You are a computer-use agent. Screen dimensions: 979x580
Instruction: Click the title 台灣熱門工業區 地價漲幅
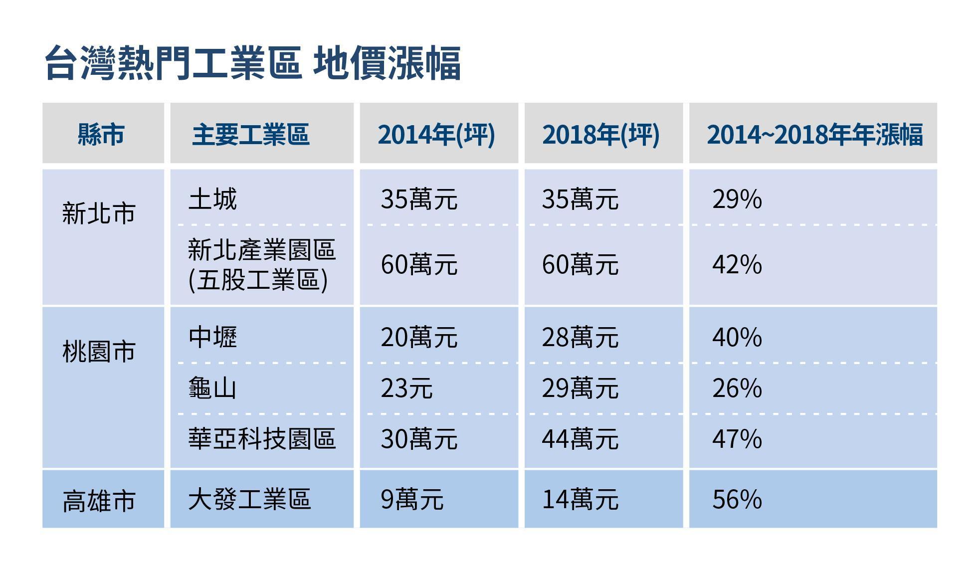pyautogui.click(x=252, y=63)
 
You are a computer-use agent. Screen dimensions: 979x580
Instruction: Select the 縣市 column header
pyautogui.click(x=101, y=134)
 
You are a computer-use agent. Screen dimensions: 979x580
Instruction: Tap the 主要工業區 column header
pyautogui.click(x=251, y=134)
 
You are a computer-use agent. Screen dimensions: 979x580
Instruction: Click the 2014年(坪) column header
pyautogui.click(x=436, y=134)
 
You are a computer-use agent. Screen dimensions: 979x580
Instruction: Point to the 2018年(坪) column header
pyautogui.click(x=601, y=134)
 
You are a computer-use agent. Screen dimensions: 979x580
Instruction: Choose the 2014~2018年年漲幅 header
pyautogui.click(x=815, y=134)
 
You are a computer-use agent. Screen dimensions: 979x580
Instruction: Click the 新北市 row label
pyautogui.click(x=99, y=213)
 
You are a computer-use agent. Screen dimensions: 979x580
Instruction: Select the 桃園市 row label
pyautogui.click(x=99, y=352)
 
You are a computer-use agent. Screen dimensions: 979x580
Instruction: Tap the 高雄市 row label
pyautogui.click(x=99, y=501)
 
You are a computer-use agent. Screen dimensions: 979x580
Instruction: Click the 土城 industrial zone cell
pyautogui.click(x=212, y=199)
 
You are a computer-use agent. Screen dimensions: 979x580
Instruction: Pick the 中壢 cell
pyautogui.click(x=212, y=337)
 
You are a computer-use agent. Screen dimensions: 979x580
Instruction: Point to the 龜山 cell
pyautogui.click(x=212, y=388)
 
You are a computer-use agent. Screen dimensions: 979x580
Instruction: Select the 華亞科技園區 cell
pyautogui.click(x=262, y=439)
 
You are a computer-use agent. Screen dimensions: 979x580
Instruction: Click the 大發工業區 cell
pyautogui.click(x=249, y=499)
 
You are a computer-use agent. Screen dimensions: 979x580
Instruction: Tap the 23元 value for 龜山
pyautogui.click(x=406, y=388)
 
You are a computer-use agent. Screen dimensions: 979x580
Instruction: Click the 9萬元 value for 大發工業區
pyautogui.click(x=412, y=499)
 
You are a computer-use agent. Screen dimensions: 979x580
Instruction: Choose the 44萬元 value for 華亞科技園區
pyautogui.click(x=581, y=439)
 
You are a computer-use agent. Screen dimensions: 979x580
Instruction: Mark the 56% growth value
pyautogui.click(x=737, y=499)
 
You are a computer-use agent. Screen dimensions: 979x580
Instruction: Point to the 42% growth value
pyautogui.click(x=737, y=264)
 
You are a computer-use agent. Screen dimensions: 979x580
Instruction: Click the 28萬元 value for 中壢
pyautogui.click(x=581, y=337)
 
